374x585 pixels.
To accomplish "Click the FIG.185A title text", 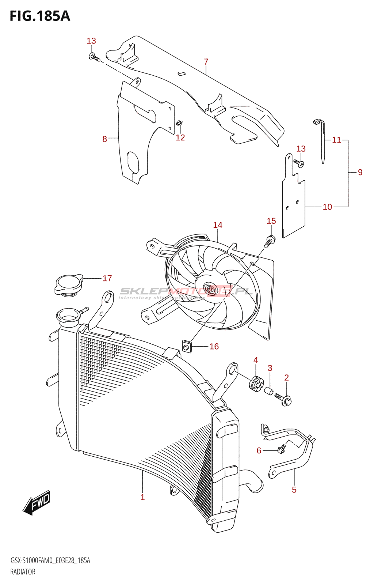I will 40,16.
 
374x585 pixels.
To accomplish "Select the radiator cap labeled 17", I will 68,285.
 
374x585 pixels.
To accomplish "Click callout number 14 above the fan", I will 218,225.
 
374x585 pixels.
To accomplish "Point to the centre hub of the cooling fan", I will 209,290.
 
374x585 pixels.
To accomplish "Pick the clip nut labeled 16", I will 187,346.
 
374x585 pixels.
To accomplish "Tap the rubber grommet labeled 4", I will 255,383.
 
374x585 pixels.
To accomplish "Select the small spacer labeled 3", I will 269,391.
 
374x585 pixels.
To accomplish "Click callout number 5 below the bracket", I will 294,490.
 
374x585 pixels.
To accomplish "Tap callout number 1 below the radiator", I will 142,497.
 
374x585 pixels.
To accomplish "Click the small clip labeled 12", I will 179,123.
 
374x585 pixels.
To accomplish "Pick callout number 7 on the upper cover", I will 206,61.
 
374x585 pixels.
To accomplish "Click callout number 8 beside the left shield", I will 105,139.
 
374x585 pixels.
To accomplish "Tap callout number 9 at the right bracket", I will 360,172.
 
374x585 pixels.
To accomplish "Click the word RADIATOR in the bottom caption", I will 23,572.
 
